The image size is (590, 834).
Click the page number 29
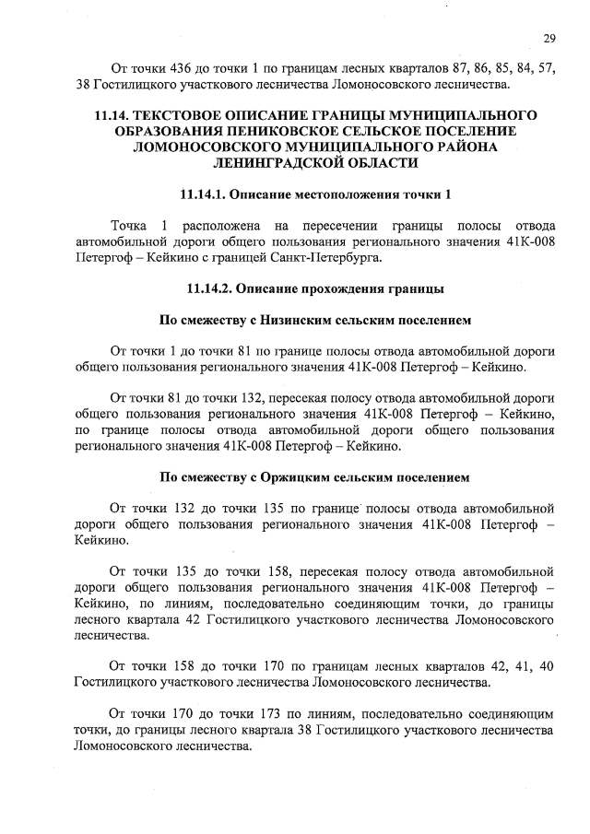(549, 37)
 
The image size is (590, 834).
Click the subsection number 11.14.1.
(200, 195)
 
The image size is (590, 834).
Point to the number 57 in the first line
(546, 69)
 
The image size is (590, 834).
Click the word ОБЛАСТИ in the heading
(377, 163)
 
